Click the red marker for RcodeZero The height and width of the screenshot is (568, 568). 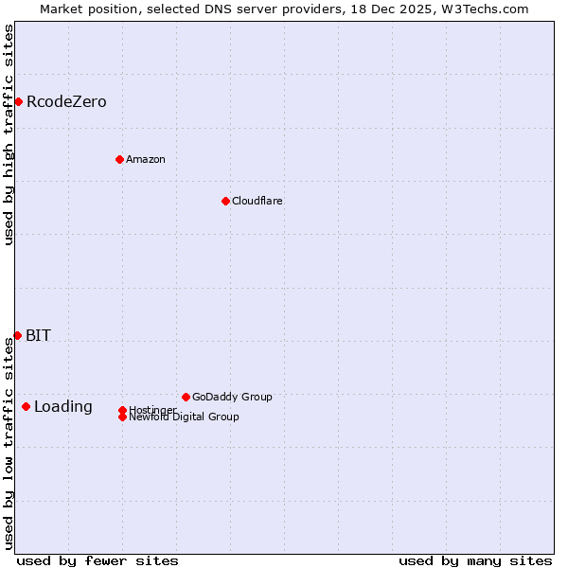[18, 101]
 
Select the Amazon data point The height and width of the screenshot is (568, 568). [119, 159]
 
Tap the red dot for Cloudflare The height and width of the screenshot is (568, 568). [225, 201]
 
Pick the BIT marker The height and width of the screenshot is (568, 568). [17, 335]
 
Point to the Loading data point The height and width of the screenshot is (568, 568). [26, 406]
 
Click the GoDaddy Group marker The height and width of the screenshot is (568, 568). [186, 397]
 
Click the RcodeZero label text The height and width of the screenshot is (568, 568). [66, 101]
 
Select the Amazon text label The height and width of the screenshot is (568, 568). [146, 159]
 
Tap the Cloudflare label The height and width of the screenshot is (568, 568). [257, 201]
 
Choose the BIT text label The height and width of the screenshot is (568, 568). [39, 335]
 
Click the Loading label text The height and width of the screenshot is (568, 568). [63, 407]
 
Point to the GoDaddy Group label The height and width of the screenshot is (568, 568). [232, 397]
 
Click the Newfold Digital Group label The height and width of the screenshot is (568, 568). [185, 417]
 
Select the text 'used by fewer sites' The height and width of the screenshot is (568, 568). [98, 560]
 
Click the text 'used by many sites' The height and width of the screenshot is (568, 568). [475, 560]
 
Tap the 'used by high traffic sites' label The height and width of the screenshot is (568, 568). [9, 134]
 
